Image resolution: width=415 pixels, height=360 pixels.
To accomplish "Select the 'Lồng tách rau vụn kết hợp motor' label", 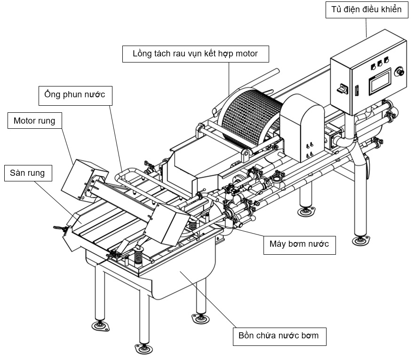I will pyautogui.click(x=195, y=54).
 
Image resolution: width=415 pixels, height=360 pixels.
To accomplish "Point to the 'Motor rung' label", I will pyautogui.click(x=34, y=121).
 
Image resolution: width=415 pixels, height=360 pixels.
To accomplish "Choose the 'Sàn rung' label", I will pyautogui.click(x=27, y=173).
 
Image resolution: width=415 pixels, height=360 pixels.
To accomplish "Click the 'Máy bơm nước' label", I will pyautogui.click(x=299, y=244).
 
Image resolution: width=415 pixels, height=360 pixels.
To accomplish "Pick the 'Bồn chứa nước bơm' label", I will pyautogui.click(x=279, y=336).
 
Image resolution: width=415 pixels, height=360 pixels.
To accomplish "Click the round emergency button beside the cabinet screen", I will pyautogui.click(x=401, y=71).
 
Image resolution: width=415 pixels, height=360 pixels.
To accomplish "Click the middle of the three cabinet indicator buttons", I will pyautogui.click(x=379, y=63).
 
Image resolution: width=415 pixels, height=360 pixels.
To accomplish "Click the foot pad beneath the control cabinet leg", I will pyautogui.click(x=361, y=241).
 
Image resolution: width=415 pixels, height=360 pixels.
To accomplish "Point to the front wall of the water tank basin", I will pyautogui.click(x=179, y=282).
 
